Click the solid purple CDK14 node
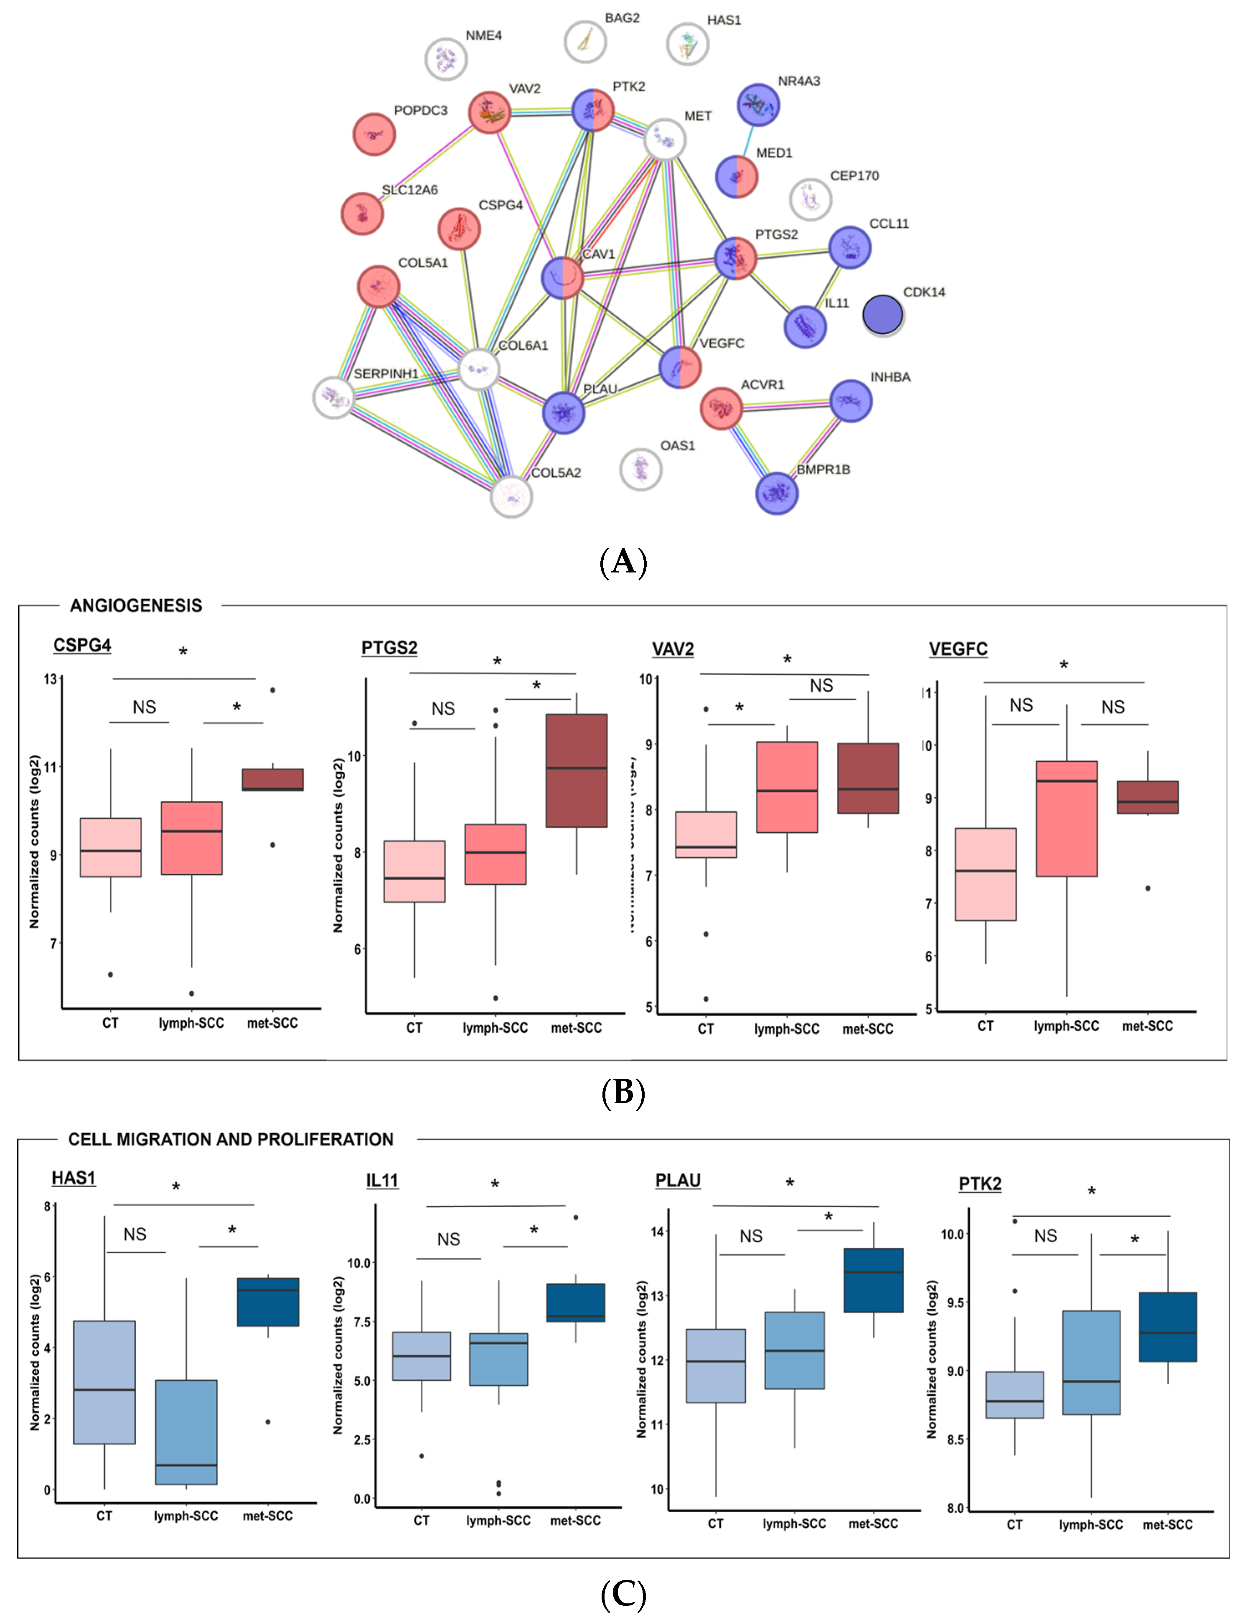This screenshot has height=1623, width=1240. pyautogui.click(x=883, y=314)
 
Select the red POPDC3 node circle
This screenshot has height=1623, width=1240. pyautogui.click(x=374, y=134)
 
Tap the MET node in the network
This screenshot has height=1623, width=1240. pyautogui.click(x=665, y=140)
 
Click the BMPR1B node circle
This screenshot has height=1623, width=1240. pyautogui.click(x=777, y=493)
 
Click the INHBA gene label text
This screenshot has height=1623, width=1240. pyautogui.click(x=890, y=377)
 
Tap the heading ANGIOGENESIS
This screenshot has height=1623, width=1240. pyautogui.click(x=136, y=606)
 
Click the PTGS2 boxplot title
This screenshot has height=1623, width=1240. pyautogui.click(x=389, y=648)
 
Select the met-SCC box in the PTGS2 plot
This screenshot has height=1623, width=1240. pyautogui.click(x=577, y=771)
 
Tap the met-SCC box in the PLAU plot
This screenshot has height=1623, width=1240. pyautogui.click(x=873, y=1280)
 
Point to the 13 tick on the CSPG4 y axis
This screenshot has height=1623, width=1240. pyautogui.click(x=50, y=679)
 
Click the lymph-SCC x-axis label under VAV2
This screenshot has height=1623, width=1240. pyautogui.click(x=787, y=1029)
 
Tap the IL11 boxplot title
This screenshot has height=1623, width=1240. pyautogui.click(x=381, y=1181)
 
